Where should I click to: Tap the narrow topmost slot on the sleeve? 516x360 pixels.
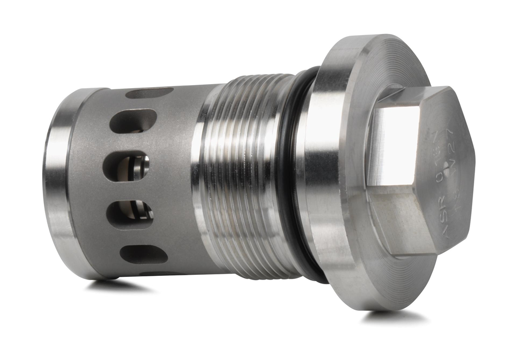(x=149, y=93)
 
